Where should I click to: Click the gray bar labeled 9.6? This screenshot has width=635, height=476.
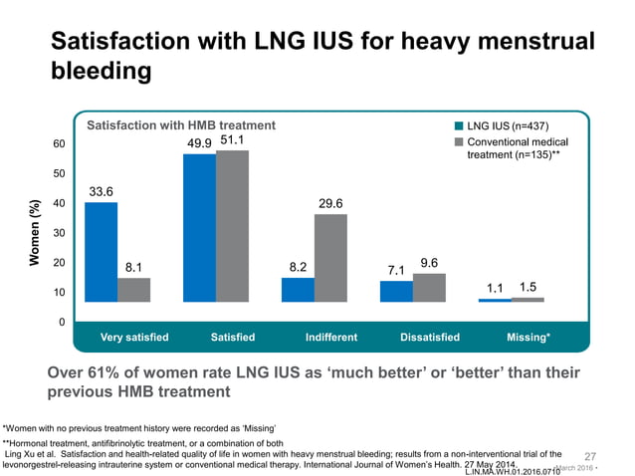(429, 288)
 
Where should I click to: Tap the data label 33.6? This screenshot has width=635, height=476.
(101, 191)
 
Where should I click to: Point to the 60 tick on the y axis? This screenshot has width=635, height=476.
(60, 143)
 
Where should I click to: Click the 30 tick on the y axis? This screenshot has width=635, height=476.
(60, 233)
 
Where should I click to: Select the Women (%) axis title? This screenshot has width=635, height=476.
(35, 233)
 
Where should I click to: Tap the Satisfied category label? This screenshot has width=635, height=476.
(233, 338)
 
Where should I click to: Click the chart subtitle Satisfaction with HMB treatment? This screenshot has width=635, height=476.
(181, 125)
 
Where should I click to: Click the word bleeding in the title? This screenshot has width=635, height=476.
(101, 72)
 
